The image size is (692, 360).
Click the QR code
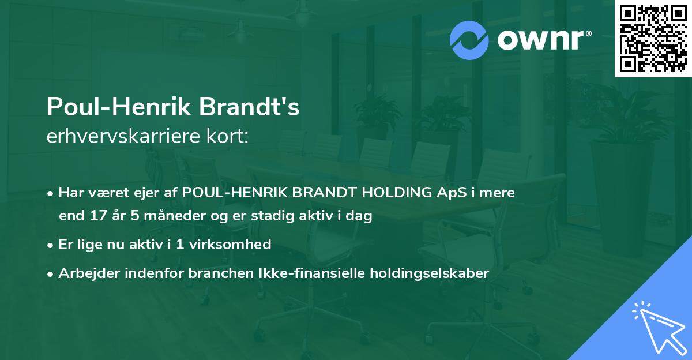pyautogui.click(x=653, y=39)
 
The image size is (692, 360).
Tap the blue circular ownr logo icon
pyautogui.click(x=469, y=40)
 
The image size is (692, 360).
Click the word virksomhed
pyautogui.click(x=231, y=244)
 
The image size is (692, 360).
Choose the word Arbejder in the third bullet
pyautogui.click(x=86, y=273)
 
